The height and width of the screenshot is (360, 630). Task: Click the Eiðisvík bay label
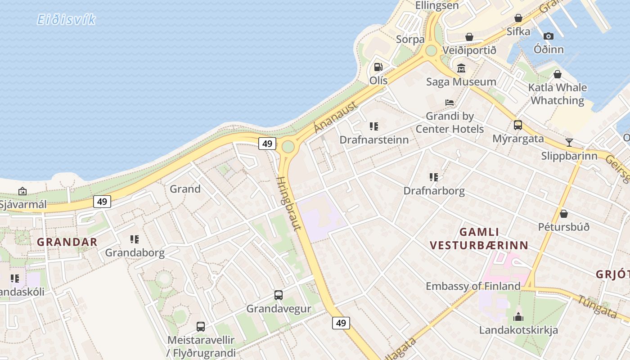[66, 20]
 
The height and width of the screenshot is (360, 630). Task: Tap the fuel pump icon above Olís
[378, 67]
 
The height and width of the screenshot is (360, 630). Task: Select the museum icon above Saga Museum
[461, 68]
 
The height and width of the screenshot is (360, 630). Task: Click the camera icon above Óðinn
[548, 36]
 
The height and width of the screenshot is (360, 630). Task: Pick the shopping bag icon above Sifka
[518, 18]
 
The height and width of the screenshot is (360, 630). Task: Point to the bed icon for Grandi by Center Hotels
[450, 103]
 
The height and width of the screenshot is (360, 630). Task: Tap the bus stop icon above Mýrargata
[518, 125]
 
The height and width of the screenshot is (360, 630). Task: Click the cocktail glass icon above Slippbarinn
[569, 143]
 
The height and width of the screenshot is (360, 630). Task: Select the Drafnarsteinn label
[374, 139]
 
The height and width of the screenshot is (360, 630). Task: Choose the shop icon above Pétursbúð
[564, 214]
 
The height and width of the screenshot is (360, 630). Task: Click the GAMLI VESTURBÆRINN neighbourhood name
[479, 238]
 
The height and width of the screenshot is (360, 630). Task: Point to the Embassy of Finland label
[473, 286]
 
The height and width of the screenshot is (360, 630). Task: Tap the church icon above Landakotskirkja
[518, 317]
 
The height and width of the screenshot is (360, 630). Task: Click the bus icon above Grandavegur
[279, 295]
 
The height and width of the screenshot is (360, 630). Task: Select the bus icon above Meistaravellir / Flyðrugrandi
[201, 326]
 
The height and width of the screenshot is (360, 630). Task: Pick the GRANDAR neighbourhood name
[67, 242]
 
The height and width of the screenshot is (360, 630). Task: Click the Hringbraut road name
[288, 203]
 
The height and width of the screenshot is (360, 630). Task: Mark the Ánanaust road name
[335, 117]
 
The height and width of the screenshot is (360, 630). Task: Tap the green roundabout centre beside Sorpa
[431, 50]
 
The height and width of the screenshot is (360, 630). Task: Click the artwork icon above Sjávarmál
[22, 191]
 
